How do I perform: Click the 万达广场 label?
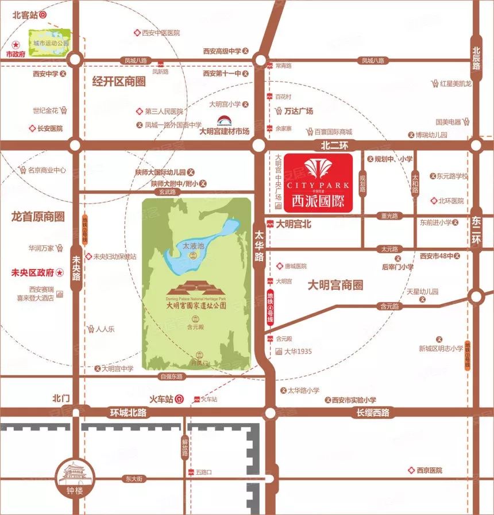click(299, 111)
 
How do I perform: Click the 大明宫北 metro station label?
click(293, 224)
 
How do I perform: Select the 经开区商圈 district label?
click(119, 82)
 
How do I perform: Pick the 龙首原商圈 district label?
click(38, 216)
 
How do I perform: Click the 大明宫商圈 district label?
click(335, 285)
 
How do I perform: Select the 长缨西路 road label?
click(372, 412)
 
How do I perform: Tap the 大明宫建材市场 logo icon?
click(225, 121)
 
